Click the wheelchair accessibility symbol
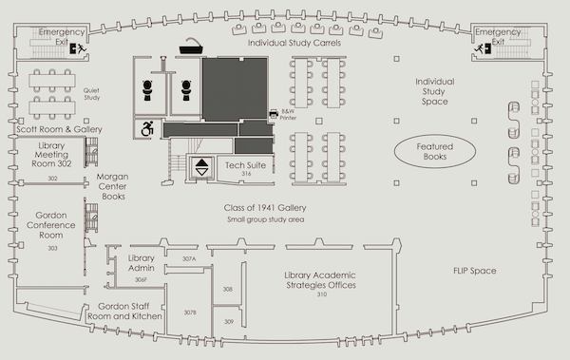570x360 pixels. point(147,128)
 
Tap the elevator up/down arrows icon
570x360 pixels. point(201,167)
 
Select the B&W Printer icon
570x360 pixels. point(274,114)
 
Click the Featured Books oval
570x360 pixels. point(435,151)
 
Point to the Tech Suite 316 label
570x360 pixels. point(246,168)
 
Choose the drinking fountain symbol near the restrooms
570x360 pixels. point(191,46)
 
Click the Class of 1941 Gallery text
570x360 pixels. point(265,208)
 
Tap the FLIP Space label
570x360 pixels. point(474,271)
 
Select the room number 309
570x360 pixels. point(229,321)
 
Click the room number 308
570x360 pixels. point(228,289)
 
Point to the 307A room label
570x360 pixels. point(189,259)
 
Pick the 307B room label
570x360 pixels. point(190,313)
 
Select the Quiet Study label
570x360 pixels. point(91,94)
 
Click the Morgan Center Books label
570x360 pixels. point(113,186)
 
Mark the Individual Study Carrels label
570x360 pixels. point(294,43)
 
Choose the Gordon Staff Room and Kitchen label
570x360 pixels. point(124,312)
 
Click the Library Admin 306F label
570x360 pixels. point(141,268)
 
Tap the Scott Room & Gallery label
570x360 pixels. point(59,129)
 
